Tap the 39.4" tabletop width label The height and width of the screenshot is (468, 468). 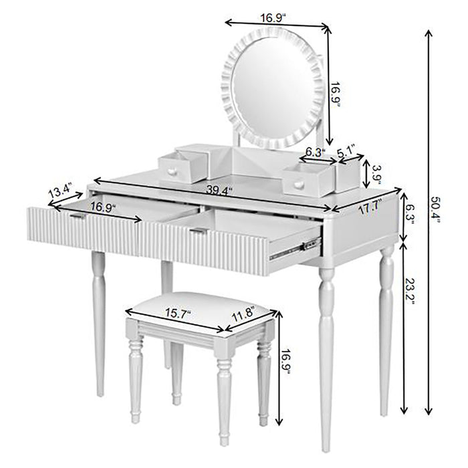pyautogui.click(x=219, y=192)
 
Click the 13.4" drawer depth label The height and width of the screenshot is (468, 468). pyautogui.click(x=60, y=191)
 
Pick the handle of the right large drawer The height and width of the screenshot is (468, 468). pyautogui.click(x=197, y=231)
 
